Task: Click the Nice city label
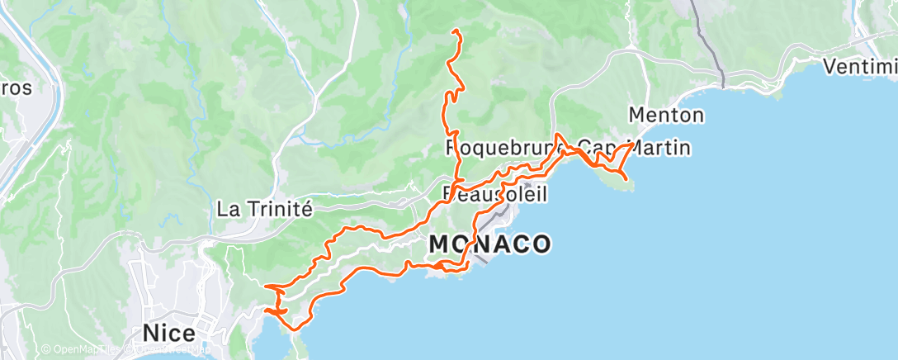tap(169, 334)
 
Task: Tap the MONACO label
tap(489, 244)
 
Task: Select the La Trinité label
tap(264, 209)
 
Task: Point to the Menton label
tap(666, 115)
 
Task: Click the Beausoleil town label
tap(496, 193)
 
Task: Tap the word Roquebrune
tap(503, 149)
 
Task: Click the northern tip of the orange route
tap(455, 31)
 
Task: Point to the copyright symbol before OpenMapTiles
tap(45, 351)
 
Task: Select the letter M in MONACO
tap(438, 244)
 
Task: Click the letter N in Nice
tap(150, 334)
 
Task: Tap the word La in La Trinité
tap(226, 209)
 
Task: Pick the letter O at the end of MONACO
tap(541, 244)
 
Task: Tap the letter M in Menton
tap(636, 115)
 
